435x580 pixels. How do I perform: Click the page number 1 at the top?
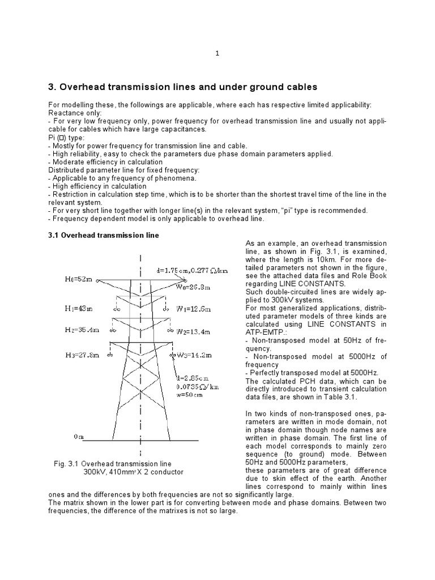tap(217, 53)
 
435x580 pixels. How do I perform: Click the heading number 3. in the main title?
tap(52, 87)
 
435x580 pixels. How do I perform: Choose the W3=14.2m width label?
tap(194, 355)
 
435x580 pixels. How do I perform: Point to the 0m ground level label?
tap(79, 437)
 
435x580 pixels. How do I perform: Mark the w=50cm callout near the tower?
tap(189, 395)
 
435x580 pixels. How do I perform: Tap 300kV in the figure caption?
tap(95, 472)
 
